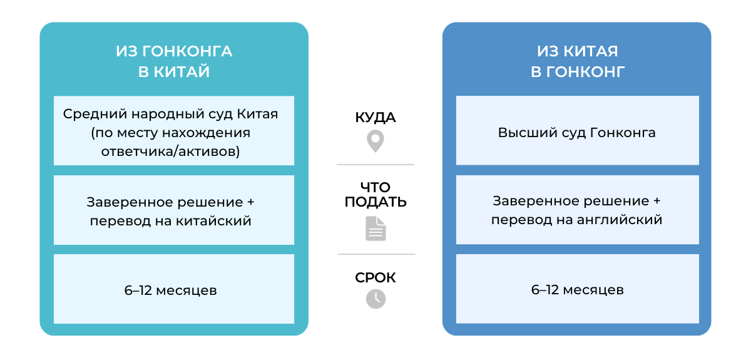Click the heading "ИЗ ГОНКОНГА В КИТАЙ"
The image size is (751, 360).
tap(174, 61)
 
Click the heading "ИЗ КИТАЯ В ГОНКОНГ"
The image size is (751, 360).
tap(577, 61)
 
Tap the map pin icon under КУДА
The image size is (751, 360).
tap(375, 141)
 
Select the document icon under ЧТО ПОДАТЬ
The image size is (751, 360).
tap(375, 229)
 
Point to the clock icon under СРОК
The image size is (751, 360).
tap(375, 299)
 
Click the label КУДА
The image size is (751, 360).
tap(375, 118)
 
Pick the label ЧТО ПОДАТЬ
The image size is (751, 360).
tap(375, 195)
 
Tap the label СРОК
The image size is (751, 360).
tap(375, 277)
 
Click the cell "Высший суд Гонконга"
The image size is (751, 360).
tap(577, 133)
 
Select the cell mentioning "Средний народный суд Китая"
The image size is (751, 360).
tap(174, 133)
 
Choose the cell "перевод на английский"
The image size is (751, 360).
tap(577, 211)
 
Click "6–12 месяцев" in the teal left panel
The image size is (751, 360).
tap(174, 291)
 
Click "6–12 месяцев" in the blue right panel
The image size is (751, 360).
tap(577, 290)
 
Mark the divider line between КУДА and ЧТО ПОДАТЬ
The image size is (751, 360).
tap(375, 165)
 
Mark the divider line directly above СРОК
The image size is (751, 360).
tap(376, 254)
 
